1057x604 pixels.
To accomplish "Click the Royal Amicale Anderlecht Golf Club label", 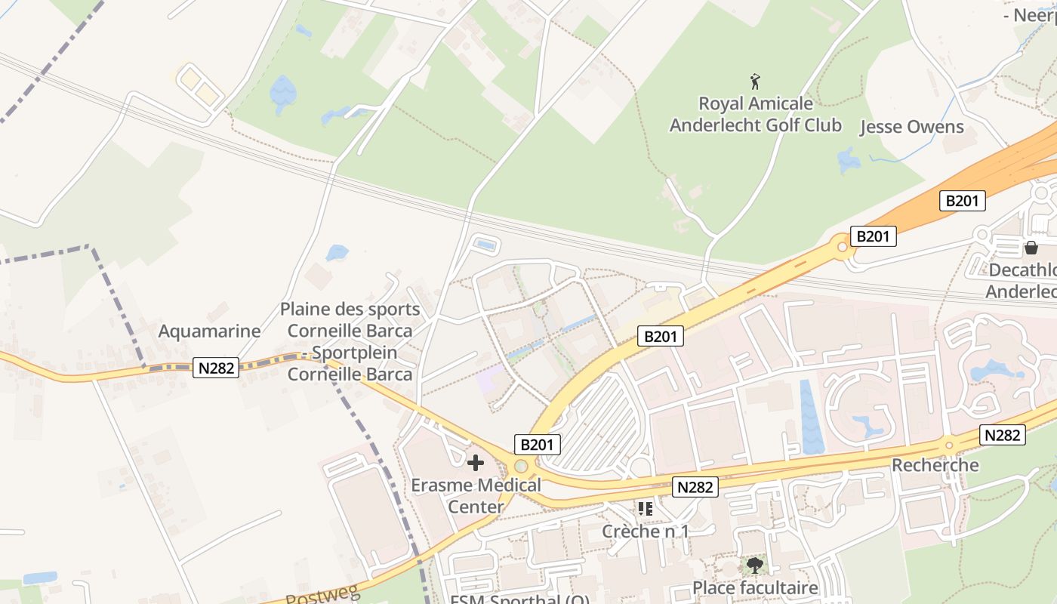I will point(755,114).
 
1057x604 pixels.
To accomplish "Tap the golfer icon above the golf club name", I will point(755,81).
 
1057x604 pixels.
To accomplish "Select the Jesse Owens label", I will point(912,127).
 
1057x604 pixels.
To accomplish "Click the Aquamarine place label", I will point(209,331).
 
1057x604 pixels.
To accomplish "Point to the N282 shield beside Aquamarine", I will point(216,368).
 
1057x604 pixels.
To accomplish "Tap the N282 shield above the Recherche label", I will point(1003,435).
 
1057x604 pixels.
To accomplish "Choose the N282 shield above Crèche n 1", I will point(695,487).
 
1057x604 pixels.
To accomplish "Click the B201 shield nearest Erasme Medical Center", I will point(538,445).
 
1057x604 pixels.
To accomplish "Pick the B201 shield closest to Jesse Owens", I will point(962,201).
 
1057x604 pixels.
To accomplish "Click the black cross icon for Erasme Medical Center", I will point(476,462).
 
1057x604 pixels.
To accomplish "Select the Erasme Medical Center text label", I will point(476,495).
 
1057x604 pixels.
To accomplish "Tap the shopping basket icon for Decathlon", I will point(1031,247).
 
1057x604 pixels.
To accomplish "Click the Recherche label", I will point(935,465).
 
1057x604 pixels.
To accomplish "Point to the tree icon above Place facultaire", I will point(754,565).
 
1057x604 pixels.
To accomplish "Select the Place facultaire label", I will point(755,588).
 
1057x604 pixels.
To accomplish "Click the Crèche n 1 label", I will point(645,531).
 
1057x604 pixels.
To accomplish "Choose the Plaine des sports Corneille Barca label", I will point(350,341).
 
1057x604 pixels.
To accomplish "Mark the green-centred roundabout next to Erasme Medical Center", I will point(520,466).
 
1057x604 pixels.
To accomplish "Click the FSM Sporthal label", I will point(520,600).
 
